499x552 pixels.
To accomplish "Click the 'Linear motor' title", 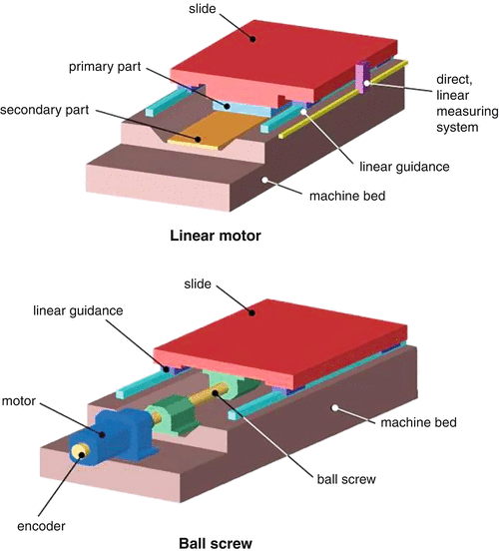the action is click(x=216, y=236).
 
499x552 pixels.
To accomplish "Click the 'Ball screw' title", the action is click(x=216, y=543).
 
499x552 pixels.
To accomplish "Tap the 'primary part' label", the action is click(x=105, y=67).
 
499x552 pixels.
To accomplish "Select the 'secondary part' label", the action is click(x=44, y=110).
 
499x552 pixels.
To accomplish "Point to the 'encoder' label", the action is click(x=41, y=526).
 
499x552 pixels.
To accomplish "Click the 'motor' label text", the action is click(x=19, y=401).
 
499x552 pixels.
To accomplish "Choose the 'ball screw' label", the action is click(x=346, y=479).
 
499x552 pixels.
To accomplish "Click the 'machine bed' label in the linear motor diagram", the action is click(x=347, y=196).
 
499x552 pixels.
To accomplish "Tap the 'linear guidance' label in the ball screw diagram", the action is click(x=78, y=310).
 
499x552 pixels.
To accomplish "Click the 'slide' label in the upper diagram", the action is click(x=202, y=8).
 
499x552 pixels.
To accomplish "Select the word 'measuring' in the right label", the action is click(x=467, y=112).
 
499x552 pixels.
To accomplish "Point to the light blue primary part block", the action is click(x=243, y=108).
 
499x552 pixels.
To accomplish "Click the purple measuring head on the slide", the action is click(x=362, y=78).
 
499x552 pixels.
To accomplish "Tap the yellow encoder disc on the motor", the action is click(x=80, y=452).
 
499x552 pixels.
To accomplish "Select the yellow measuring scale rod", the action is click(x=343, y=100).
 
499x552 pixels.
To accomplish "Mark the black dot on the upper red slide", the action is click(x=252, y=39).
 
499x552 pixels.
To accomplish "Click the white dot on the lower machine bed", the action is click(x=335, y=407).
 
